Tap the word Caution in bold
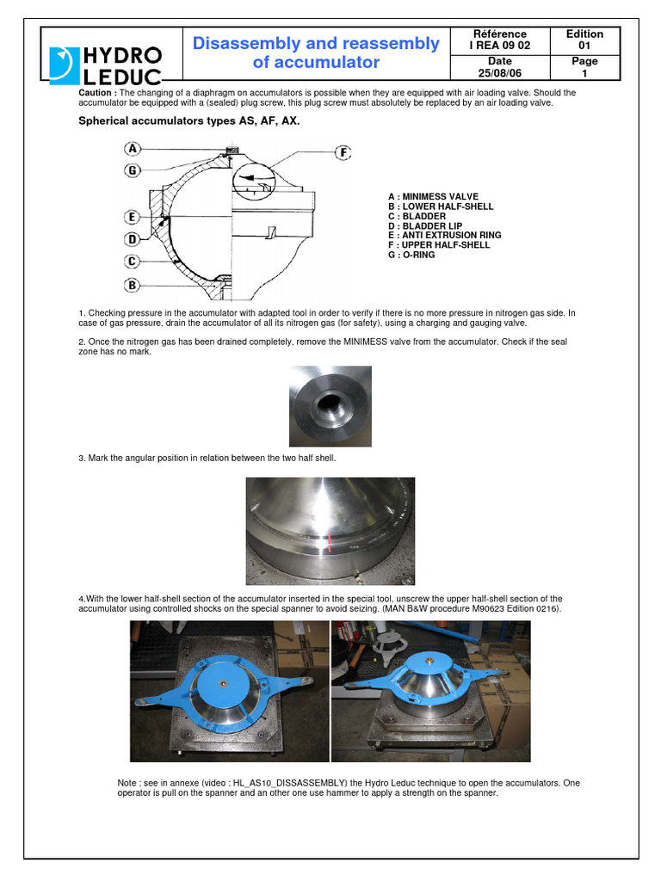pos(96,92)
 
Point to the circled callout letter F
pos(343,152)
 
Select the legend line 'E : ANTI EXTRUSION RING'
pos(444,235)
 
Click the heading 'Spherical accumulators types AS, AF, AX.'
pos(189,121)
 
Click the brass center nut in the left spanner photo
pos(223,684)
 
